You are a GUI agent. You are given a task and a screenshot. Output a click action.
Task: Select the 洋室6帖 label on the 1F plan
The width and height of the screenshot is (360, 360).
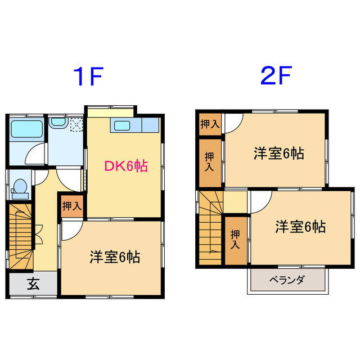pos(115,257)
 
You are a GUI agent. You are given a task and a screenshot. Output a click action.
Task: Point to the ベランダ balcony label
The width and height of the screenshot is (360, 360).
pos(286,280)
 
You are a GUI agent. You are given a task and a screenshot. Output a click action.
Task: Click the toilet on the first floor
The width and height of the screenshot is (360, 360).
pos(20,188)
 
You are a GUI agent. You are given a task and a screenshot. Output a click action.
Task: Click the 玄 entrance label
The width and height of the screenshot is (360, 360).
pos(33,284)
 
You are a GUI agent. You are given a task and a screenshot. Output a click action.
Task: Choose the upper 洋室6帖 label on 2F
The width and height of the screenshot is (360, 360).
pos(278,153)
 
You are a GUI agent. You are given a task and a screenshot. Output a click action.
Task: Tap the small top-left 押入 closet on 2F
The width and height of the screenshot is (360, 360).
pos(209,124)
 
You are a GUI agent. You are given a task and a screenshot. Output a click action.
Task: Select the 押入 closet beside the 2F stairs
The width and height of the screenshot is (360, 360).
pos(236,240)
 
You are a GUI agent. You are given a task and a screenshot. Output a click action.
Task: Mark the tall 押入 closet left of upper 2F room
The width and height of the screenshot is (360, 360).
pos(209,161)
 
